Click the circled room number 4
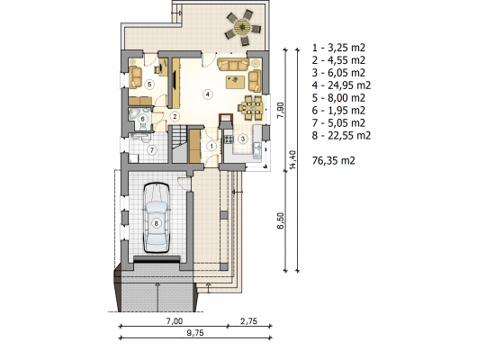point(207,94)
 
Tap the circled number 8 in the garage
point(156,223)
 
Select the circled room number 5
point(149,85)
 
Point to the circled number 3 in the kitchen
point(243,139)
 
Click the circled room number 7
point(152,150)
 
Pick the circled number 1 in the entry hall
point(211,146)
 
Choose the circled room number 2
point(175,116)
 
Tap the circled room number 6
point(143,119)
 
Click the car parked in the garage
point(157,218)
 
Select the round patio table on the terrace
point(242,27)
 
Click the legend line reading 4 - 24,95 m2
point(341,85)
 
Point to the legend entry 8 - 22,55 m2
point(341,136)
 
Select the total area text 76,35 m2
point(333,161)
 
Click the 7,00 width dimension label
point(175,321)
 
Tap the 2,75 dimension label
point(248,321)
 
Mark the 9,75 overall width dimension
point(195,333)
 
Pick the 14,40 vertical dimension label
point(292,160)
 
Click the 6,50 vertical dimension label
point(281,220)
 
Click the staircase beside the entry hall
point(179,144)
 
